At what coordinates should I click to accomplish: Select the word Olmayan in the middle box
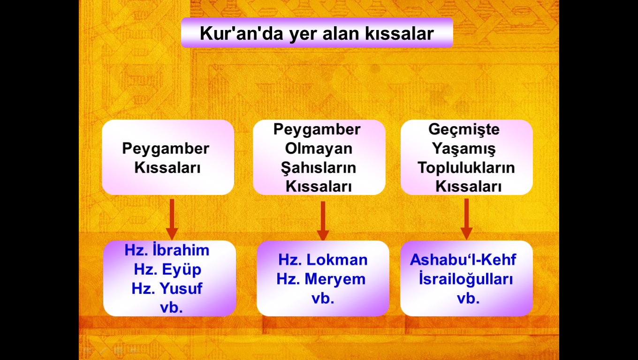point(319,149)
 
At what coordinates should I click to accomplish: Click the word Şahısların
point(319,168)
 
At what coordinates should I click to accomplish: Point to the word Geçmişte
point(464,130)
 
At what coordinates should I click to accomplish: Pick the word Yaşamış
point(464,149)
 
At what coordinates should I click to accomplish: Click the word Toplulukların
point(466,168)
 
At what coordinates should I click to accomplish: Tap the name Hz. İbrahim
point(167,250)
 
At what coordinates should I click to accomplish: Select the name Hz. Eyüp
point(167,270)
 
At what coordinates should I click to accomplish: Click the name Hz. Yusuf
point(167,289)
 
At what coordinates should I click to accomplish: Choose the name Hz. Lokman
point(323,260)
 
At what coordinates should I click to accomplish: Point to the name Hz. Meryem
point(321,279)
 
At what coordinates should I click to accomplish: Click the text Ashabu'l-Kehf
point(463,260)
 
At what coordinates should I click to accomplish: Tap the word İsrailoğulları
point(466,279)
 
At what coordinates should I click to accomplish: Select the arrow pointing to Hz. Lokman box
point(323,221)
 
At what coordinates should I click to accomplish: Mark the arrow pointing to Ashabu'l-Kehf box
point(466,219)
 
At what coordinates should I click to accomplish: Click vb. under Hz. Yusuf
point(171,307)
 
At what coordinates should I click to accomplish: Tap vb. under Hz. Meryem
point(323,299)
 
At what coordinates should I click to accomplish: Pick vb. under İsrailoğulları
point(468,299)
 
